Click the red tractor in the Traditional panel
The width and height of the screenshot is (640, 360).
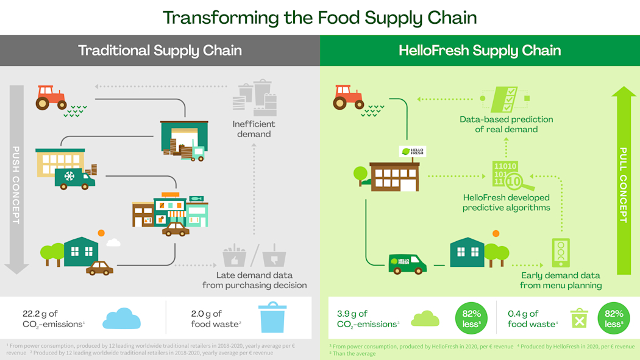pos(51,97)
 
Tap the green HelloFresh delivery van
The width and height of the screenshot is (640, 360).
pos(407,263)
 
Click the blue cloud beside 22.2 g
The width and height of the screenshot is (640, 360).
pos(121,319)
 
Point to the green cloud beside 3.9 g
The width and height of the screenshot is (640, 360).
pos(425,318)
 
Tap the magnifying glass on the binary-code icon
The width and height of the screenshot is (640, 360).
pos(514,181)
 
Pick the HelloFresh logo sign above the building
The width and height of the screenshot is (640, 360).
pos(412,152)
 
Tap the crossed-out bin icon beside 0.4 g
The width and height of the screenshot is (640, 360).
pos(578,319)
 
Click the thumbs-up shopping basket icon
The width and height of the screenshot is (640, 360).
pos(234,256)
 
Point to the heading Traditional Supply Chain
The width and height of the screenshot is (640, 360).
pos(160,50)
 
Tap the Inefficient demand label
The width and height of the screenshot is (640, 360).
pos(254,129)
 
